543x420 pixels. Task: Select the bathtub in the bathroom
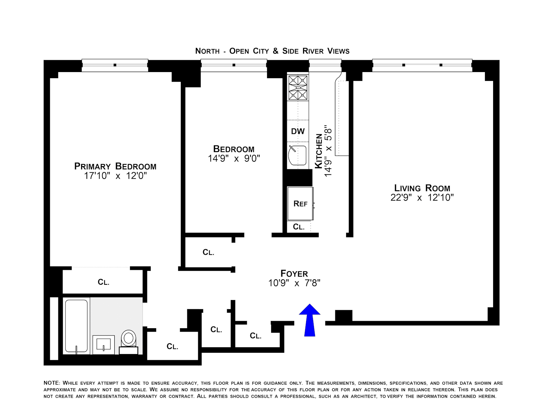pyautogui.click(x=76, y=326)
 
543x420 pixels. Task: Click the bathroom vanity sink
pyautogui.click(x=104, y=345)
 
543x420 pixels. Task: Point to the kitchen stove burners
pyautogui.click(x=298, y=88)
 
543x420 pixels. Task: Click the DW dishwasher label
pyautogui.click(x=298, y=131)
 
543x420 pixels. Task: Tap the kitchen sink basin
pyautogui.click(x=298, y=156)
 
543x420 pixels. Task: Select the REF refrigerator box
pyautogui.click(x=300, y=204)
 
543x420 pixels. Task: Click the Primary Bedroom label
pyautogui.click(x=115, y=166)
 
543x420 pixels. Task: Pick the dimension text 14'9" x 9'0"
pyautogui.click(x=234, y=158)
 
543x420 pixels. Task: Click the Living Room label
pyautogui.click(x=422, y=188)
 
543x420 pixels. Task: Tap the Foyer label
pyautogui.click(x=294, y=274)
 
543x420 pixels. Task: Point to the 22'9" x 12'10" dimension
pyautogui.click(x=422, y=197)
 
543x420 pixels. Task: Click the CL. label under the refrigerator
pyautogui.click(x=299, y=227)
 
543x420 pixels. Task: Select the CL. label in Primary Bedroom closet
pyautogui.click(x=104, y=282)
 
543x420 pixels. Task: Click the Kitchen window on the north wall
pyautogui.click(x=325, y=65)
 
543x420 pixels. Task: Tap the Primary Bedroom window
pyautogui.click(x=115, y=65)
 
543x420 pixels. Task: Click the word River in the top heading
pyautogui.click(x=313, y=51)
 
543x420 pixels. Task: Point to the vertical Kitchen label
pyautogui.click(x=319, y=151)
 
